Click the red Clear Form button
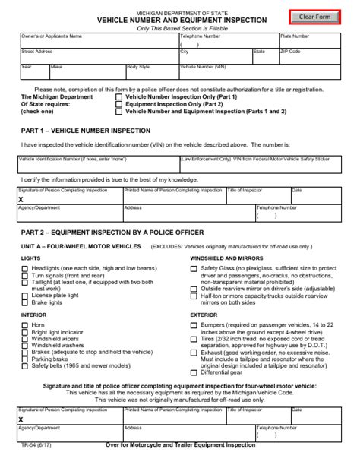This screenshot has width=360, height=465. point(314,17)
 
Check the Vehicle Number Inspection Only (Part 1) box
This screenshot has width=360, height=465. point(118,97)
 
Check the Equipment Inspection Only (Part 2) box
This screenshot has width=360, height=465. point(118,104)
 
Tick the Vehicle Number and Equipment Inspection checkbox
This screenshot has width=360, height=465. point(118,111)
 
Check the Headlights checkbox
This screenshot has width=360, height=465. point(26,269)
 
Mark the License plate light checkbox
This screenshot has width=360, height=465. point(26,296)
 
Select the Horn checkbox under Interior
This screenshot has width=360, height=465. point(26,324)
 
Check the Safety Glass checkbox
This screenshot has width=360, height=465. point(194,269)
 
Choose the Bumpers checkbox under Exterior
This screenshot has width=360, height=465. point(194,324)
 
